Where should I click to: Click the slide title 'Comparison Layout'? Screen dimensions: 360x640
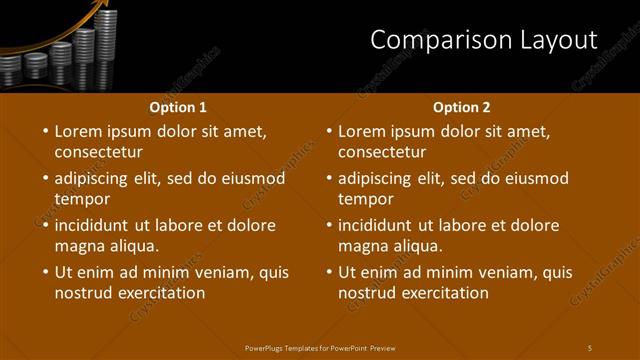click(483, 40)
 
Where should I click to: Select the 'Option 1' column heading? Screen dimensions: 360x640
click(178, 107)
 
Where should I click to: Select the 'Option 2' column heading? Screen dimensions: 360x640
click(461, 107)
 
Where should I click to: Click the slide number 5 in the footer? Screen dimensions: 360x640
click(590, 347)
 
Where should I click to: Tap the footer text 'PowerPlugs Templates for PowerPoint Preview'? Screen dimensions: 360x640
click(320, 347)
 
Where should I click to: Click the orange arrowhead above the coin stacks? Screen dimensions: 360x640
click(100, 9)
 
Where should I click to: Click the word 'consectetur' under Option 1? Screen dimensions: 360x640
click(98, 153)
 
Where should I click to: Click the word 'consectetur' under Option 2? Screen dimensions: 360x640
click(382, 153)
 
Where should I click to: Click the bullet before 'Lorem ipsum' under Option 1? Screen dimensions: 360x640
click(44, 131)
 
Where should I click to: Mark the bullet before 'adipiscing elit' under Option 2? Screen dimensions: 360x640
click(328, 178)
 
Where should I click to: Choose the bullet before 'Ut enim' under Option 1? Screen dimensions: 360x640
click(44, 272)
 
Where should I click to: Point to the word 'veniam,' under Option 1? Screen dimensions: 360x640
click(229, 272)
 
